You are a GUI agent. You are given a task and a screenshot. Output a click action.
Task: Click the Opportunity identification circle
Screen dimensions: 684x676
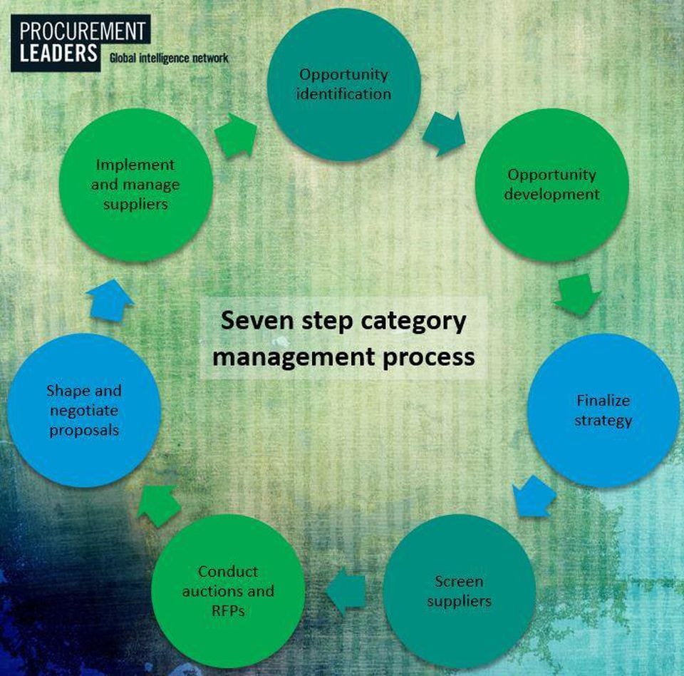click(x=343, y=84)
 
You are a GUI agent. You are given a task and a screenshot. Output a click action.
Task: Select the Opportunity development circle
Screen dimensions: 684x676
click(x=551, y=185)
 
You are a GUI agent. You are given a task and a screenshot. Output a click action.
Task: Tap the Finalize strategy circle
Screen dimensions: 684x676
click(x=603, y=411)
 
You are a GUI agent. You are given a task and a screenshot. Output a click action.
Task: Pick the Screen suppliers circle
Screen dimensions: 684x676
click(x=459, y=591)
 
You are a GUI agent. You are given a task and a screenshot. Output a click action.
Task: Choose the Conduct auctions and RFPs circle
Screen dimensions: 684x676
click(x=228, y=591)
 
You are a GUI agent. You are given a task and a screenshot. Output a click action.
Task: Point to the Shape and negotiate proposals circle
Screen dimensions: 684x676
click(x=84, y=411)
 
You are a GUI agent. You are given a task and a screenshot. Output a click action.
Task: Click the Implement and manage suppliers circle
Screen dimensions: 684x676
click(x=135, y=185)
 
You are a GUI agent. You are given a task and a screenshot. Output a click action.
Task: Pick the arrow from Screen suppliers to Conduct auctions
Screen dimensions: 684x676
click(x=346, y=591)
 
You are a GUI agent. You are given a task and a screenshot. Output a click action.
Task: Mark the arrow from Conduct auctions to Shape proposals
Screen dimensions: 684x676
click(x=159, y=506)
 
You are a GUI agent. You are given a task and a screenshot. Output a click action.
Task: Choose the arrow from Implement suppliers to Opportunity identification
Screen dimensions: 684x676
click(x=236, y=135)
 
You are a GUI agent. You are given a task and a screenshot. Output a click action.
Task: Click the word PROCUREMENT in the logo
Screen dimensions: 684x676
click(x=83, y=31)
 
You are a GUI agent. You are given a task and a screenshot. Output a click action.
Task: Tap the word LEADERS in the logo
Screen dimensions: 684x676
click(x=58, y=52)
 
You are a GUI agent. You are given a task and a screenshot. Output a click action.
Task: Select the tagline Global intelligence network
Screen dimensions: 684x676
click(x=169, y=58)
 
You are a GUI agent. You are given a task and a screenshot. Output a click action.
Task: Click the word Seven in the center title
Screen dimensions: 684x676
click(x=256, y=321)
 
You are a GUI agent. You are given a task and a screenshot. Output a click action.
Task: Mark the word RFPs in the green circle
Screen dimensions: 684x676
click(x=228, y=610)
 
